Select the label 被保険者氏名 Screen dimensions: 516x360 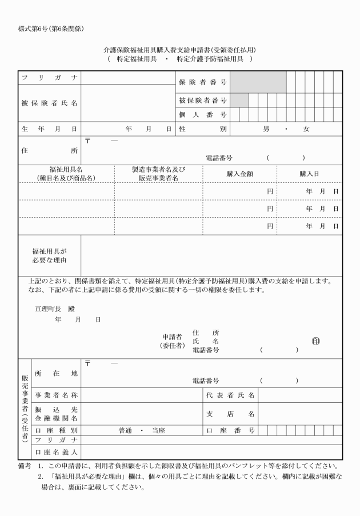pyautogui.click(x=50, y=103)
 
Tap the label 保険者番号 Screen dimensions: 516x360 pyautogui.click(x=202, y=82)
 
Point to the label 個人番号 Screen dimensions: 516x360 pyautogui.click(x=202, y=115)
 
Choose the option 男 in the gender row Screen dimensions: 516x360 pyautogui.click(x=266, y=129)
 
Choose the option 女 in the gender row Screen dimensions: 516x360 pyautogui.click(x=306, y=129)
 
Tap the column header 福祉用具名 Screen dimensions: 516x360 pyautogui.click(x=66, y=170)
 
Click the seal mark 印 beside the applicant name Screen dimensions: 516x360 pyautogui.click(x=316, y=341)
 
